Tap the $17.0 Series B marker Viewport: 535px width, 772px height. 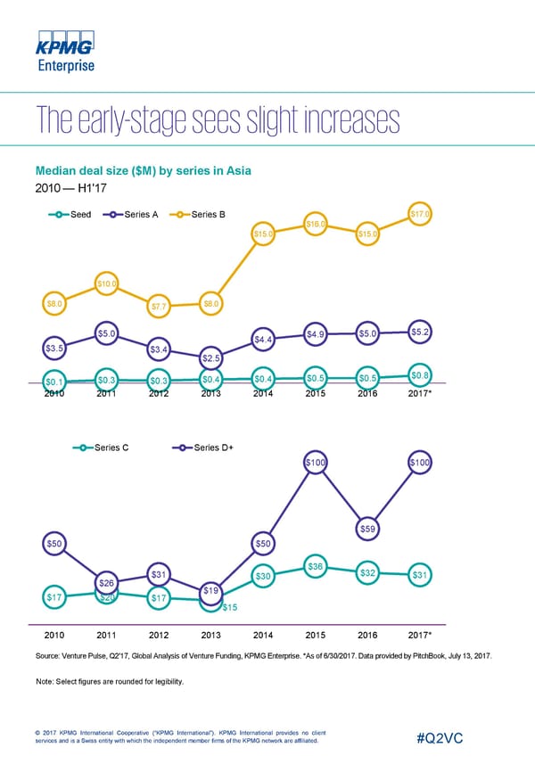pos(421,214)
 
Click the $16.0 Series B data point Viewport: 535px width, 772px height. pos(316,224)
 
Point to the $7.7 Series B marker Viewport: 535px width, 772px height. pos(159,308)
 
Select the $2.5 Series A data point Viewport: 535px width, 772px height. pos(211,358)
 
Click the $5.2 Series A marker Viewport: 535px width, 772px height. pos(421,332)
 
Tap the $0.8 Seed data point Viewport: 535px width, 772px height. pos(421,374)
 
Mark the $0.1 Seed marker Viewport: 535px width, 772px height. pos(54,383)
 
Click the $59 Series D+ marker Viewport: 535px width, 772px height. pos(368,530)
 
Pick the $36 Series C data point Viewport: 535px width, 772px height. pos(316,566)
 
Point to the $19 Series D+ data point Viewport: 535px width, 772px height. pos(211,590)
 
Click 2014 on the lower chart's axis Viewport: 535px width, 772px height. pos(263,636)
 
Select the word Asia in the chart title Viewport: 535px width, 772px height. pos(236,170)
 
